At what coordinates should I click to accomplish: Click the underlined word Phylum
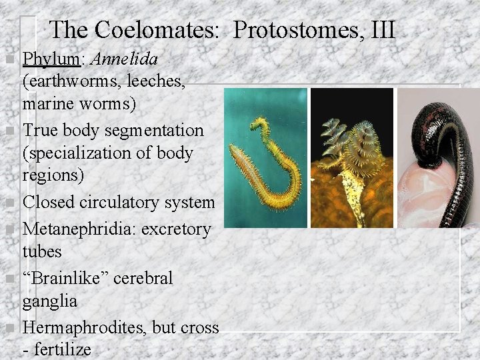pos(52,59)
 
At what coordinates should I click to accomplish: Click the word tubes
pos(42,252)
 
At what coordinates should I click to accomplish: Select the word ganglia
pos(50,301)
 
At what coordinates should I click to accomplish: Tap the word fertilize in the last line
pos(64,349)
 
